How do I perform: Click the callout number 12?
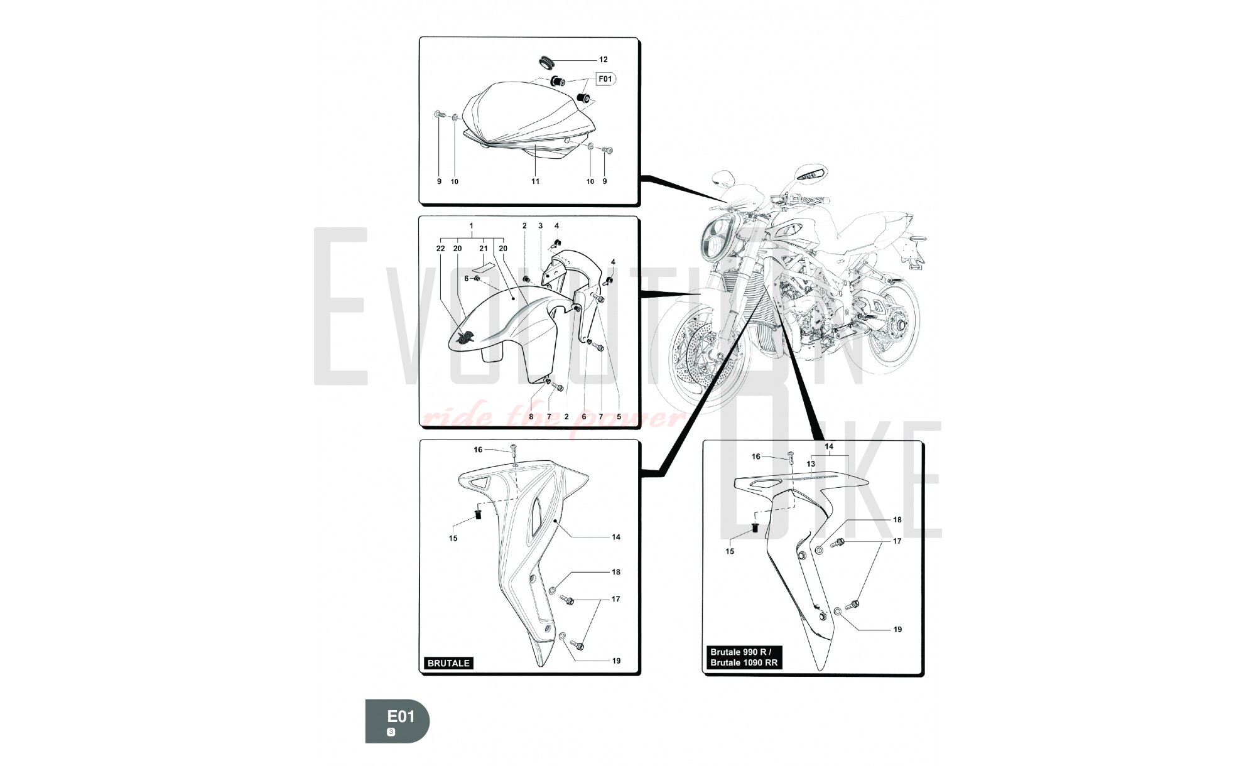click(603, 60)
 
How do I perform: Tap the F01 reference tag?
click(604, 79)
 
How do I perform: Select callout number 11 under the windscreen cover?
click(535, 181)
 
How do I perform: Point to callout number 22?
click(440, 249)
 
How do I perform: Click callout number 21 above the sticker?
click(484, 249)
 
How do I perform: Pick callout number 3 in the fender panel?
click(540, 226)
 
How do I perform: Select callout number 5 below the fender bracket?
click(619, 416)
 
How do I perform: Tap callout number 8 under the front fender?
click(531, 416)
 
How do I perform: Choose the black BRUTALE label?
click(448, 663)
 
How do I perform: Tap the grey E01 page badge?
click(398, 721)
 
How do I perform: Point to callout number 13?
click(811, 464)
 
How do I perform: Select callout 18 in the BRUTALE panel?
click(616, 572)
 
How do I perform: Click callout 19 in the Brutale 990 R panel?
click(897, 629)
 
